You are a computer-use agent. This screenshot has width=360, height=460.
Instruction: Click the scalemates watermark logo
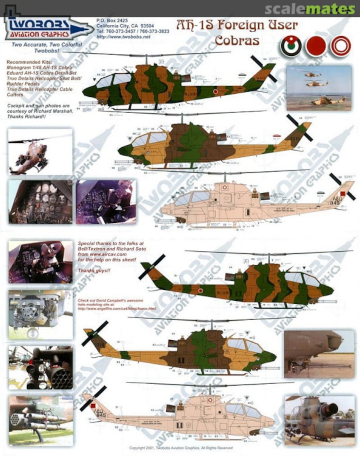click(x=310, y=9)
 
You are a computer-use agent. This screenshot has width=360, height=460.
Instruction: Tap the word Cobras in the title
click(x=237, y=41)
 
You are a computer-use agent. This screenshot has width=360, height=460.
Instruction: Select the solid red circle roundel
click(x=316, y=46)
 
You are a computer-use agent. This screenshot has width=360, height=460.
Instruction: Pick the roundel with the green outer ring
click(x=291, y=46)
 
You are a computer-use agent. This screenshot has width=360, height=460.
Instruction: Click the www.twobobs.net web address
click(x=123, y=37)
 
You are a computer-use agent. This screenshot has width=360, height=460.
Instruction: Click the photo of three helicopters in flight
click(x=319, y=88)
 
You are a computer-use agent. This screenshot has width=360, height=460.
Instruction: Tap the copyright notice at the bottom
click(x=181, y=448)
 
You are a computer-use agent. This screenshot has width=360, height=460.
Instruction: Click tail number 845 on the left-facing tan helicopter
click(x=100, y=414)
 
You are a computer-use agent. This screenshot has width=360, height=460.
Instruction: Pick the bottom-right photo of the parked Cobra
click(x=319, y=420)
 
